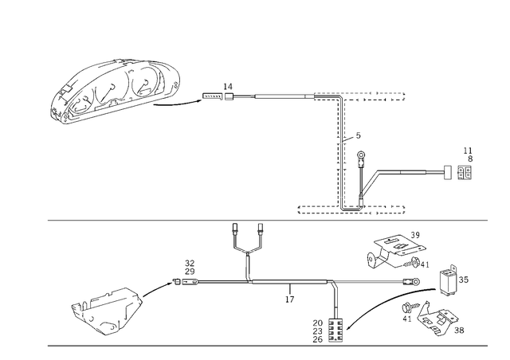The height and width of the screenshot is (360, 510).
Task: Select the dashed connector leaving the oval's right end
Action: (x=191, y=102)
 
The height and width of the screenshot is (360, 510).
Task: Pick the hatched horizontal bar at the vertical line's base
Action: (x=351, y=211)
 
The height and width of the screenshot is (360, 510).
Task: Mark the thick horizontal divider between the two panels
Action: (x=255, y=220)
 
